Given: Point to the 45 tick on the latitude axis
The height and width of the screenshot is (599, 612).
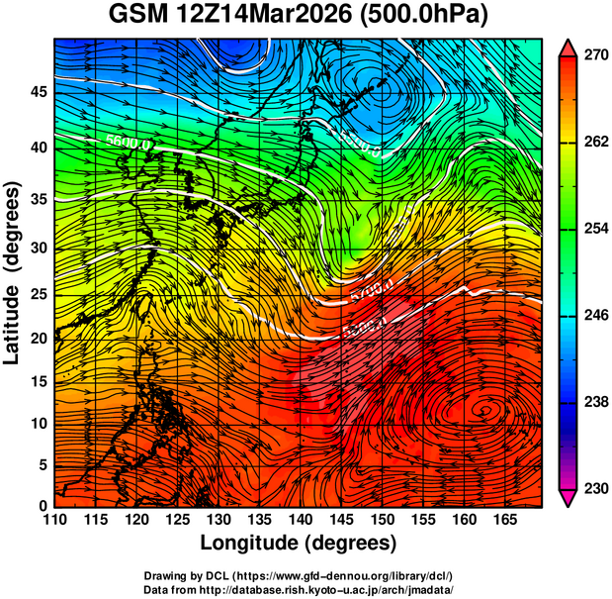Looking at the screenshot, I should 37,92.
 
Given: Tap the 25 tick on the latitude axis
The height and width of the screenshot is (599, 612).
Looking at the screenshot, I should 37,296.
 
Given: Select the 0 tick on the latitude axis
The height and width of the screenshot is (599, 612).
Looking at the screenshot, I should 43,506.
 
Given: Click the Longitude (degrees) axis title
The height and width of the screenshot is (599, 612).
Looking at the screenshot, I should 299,543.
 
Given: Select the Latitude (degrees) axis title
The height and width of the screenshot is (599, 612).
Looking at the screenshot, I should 13,272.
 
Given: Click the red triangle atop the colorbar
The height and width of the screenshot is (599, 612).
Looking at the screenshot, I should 568,46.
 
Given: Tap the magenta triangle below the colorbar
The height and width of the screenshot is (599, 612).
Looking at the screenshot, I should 568,499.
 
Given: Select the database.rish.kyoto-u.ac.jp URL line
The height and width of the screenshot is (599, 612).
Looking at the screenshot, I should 299,589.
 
